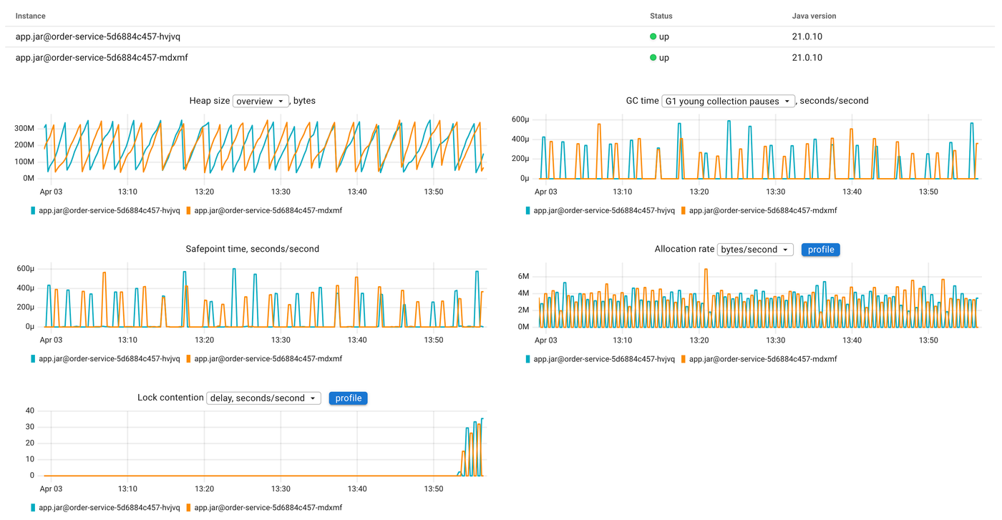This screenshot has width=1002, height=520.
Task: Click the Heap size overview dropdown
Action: (x=261, y=101)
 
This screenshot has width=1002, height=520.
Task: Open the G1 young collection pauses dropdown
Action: (x=728, y=101)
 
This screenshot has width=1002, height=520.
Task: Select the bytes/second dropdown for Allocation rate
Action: (x=755, y=250)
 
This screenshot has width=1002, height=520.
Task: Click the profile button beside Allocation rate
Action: (x=820, y=250)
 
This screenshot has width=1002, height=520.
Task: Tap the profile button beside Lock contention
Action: (x=348, y=398)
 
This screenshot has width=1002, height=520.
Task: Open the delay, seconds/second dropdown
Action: (x=263, y=398)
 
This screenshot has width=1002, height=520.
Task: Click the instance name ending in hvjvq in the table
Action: (x=98, y=36)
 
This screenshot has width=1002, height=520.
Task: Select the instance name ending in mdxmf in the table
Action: (x=102, y=57)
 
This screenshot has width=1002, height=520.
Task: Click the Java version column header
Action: (x=814, y=16)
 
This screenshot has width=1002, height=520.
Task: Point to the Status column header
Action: (x=661, y=16)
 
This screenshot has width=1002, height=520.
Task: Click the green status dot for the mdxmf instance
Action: (x=653, y=57)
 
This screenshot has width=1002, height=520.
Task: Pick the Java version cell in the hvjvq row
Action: (x=807, y=36)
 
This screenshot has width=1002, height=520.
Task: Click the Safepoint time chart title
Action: (x=252, y=249)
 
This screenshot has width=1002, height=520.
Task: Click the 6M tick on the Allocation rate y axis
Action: (x=522, y=276)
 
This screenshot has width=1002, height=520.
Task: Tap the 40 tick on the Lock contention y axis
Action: (x=29, y=411)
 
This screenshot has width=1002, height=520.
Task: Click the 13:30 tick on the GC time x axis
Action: (x=775, y=192)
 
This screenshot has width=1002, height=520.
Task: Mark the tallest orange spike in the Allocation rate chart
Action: (x=706, y=270)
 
